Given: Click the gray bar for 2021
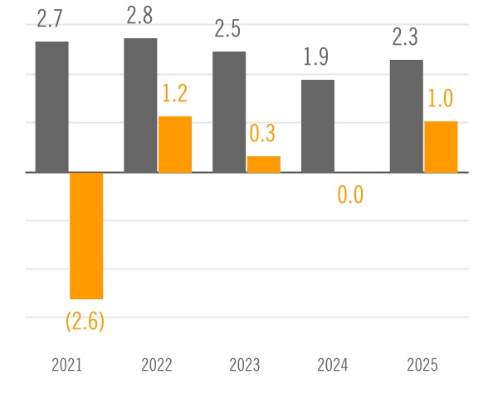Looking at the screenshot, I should (x=51, y=107).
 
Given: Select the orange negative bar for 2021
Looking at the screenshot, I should (x=86, y=235).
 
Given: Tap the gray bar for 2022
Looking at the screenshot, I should (x=140, y=106).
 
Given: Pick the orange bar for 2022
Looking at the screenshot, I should (x=175, y=145).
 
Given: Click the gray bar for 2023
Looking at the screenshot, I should (x=229, y=112).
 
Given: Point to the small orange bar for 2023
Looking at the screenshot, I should (x=264, y=165).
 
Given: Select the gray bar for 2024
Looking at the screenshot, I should (x=318, y=126).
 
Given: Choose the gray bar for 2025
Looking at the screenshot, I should (x=407, y=116).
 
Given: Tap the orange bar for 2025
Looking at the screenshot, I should (x=441, y=147).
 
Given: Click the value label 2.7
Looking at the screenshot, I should (x=51, y=19).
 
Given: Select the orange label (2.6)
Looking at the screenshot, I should (x=85, y=320).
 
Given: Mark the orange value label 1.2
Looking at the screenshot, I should (x=174, y=94).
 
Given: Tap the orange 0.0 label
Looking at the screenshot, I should (x=351, y=196).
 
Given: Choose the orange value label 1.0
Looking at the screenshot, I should (x=440, y=99).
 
